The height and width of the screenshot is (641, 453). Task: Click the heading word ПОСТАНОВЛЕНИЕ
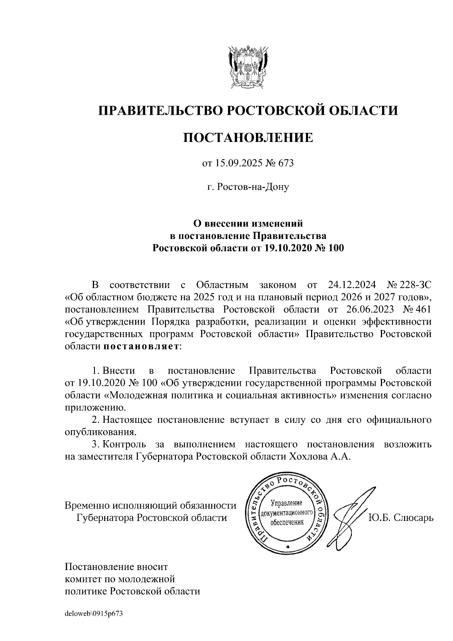(248, 137)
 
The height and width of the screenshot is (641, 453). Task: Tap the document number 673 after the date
(286, 163)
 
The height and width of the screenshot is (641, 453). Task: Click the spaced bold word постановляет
(141, 346)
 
